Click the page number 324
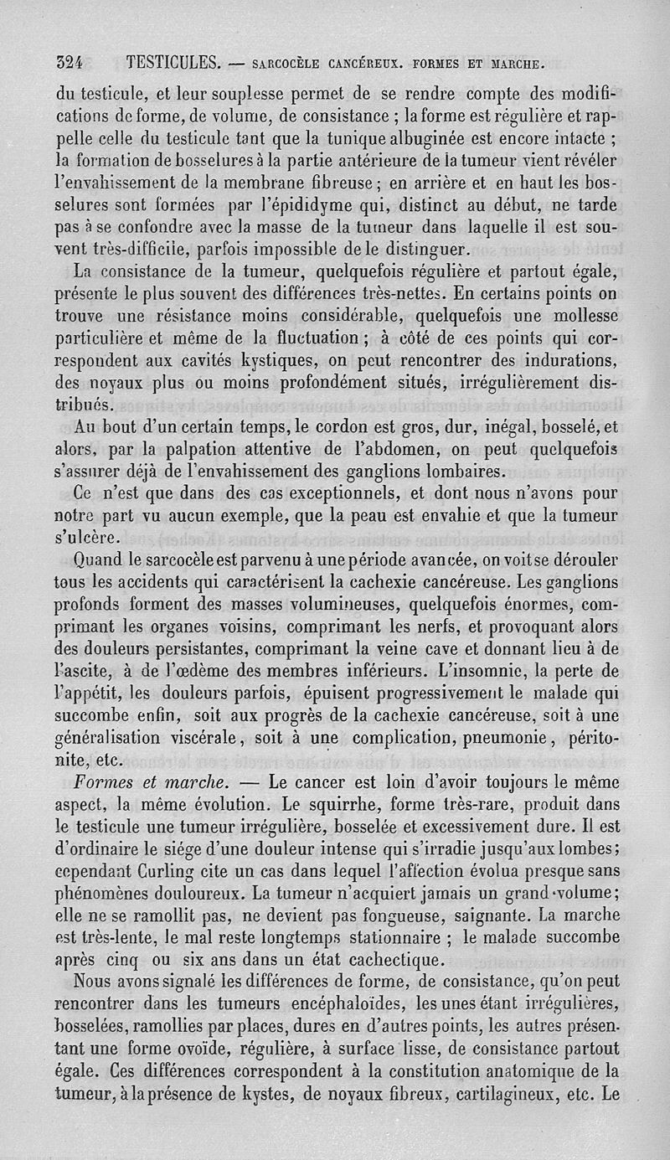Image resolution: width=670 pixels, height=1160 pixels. [x=74, y=62]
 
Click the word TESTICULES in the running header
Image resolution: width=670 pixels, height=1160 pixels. [x=173, y=62]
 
